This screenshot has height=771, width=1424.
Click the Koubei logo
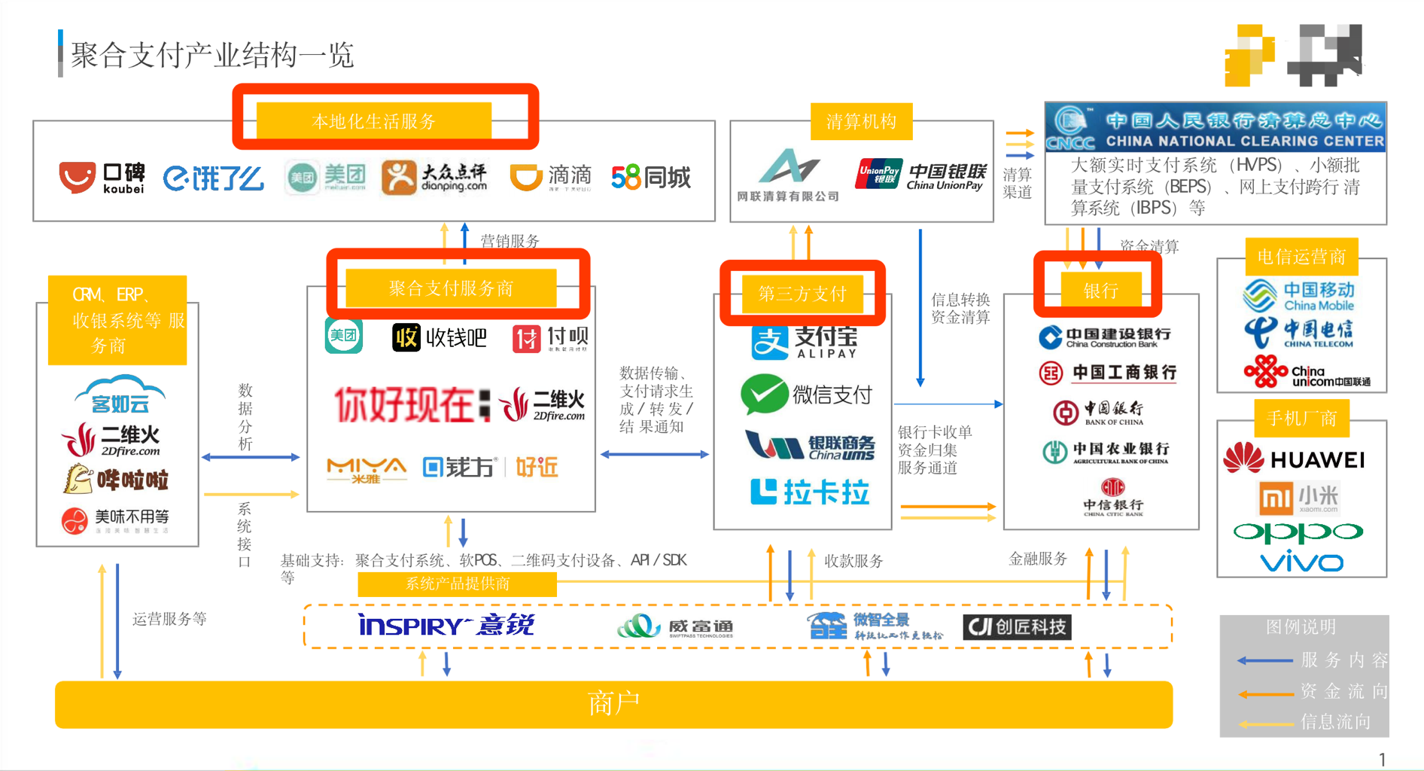[x=102, y=178]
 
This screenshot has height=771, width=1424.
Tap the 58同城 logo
[x=651, y=178]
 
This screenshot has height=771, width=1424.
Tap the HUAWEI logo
[x=1294, y=459]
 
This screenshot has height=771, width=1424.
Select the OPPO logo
[x=1298, y=532]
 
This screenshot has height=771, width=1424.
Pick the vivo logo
[x=1301, y=562]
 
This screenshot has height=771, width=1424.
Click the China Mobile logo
[x=1299, y=295]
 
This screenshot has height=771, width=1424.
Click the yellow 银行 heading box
[x=1100, y=291]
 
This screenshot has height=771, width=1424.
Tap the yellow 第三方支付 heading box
[x=802, y=294]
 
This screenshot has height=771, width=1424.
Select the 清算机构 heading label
[x=861, y=122]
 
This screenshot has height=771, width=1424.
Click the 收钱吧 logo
[x=440, y=338]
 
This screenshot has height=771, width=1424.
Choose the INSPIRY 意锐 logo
[x=446, y=625]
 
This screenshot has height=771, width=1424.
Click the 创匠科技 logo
[x=1017, y=626]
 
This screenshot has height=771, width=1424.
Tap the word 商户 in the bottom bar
[x=613, y=703]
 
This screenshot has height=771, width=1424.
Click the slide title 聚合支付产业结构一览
[x=212, y=55]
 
